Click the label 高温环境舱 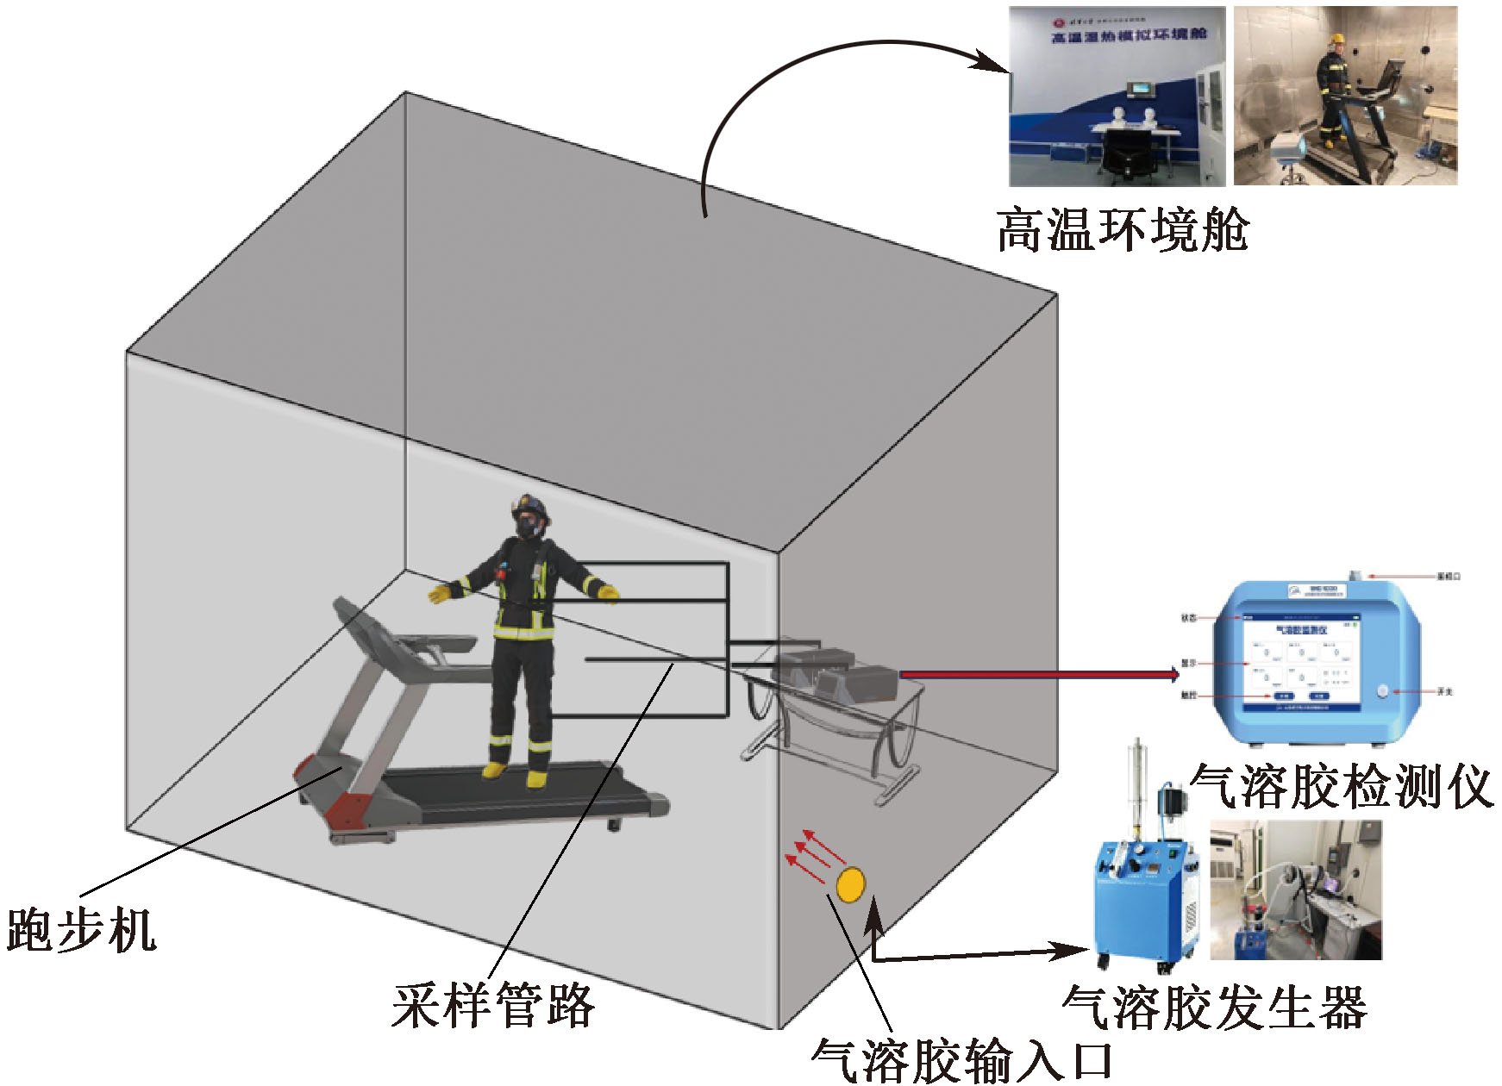point(1123,230)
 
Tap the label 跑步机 point(82,931)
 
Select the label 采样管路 point(493,1005)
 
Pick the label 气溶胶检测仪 point(1341,786)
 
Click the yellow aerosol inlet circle point(850,885)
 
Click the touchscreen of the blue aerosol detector point(1300,663)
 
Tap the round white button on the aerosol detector point(1384,690)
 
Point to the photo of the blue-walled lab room point(1117,97)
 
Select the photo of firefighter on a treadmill point(1345,97)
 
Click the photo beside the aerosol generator point(1296,890)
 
